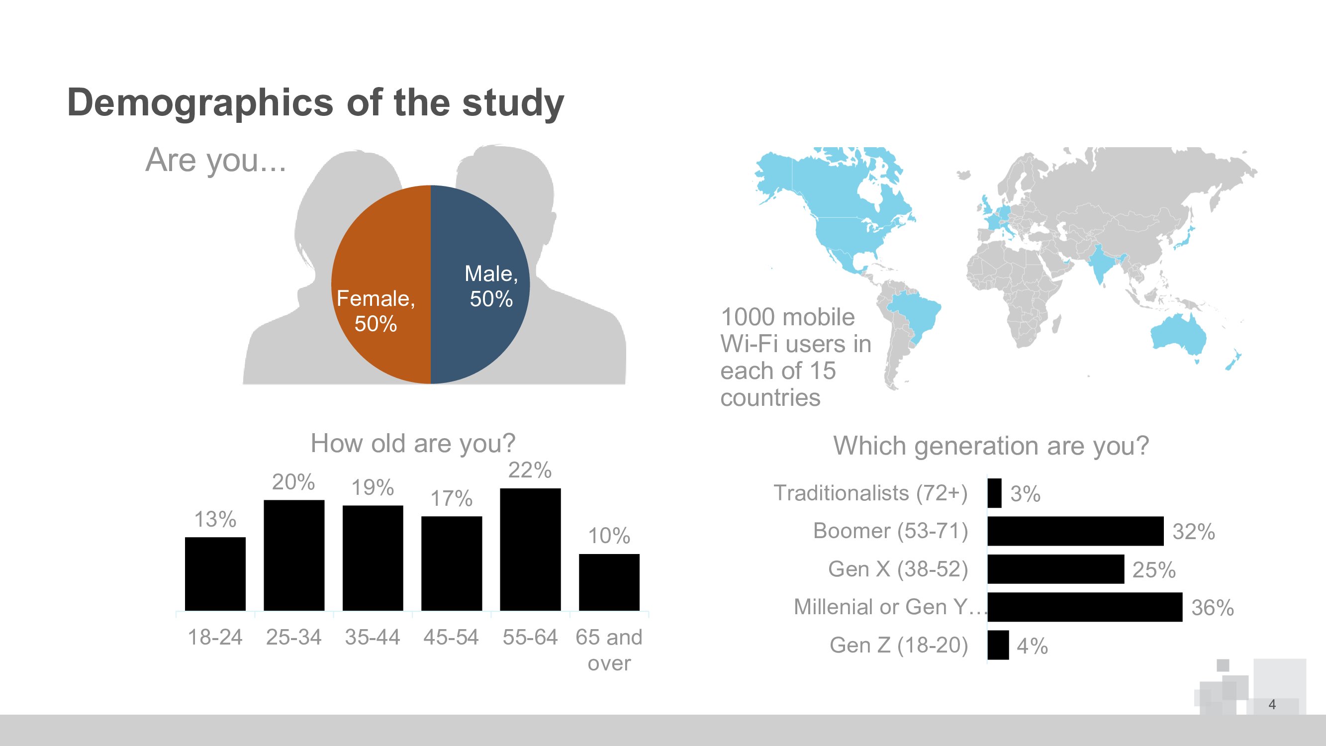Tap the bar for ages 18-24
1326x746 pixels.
point(215,574)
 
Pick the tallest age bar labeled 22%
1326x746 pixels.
point(530,550)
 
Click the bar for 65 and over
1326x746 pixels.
point(609,582)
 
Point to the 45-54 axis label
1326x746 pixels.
point(451,638)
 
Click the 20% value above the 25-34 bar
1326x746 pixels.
point(293,482)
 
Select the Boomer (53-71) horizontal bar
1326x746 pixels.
point(1075,531)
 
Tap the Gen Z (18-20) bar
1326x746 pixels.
point(998,645)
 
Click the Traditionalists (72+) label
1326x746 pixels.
point(870,493)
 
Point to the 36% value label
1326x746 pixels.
point(1212,608)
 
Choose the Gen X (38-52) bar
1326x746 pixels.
point(1056,569)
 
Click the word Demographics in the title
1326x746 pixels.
point(200,103)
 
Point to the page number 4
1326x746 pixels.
point(1272,704)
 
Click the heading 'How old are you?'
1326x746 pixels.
point(413,443)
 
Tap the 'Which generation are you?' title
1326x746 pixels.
point(991,446)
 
